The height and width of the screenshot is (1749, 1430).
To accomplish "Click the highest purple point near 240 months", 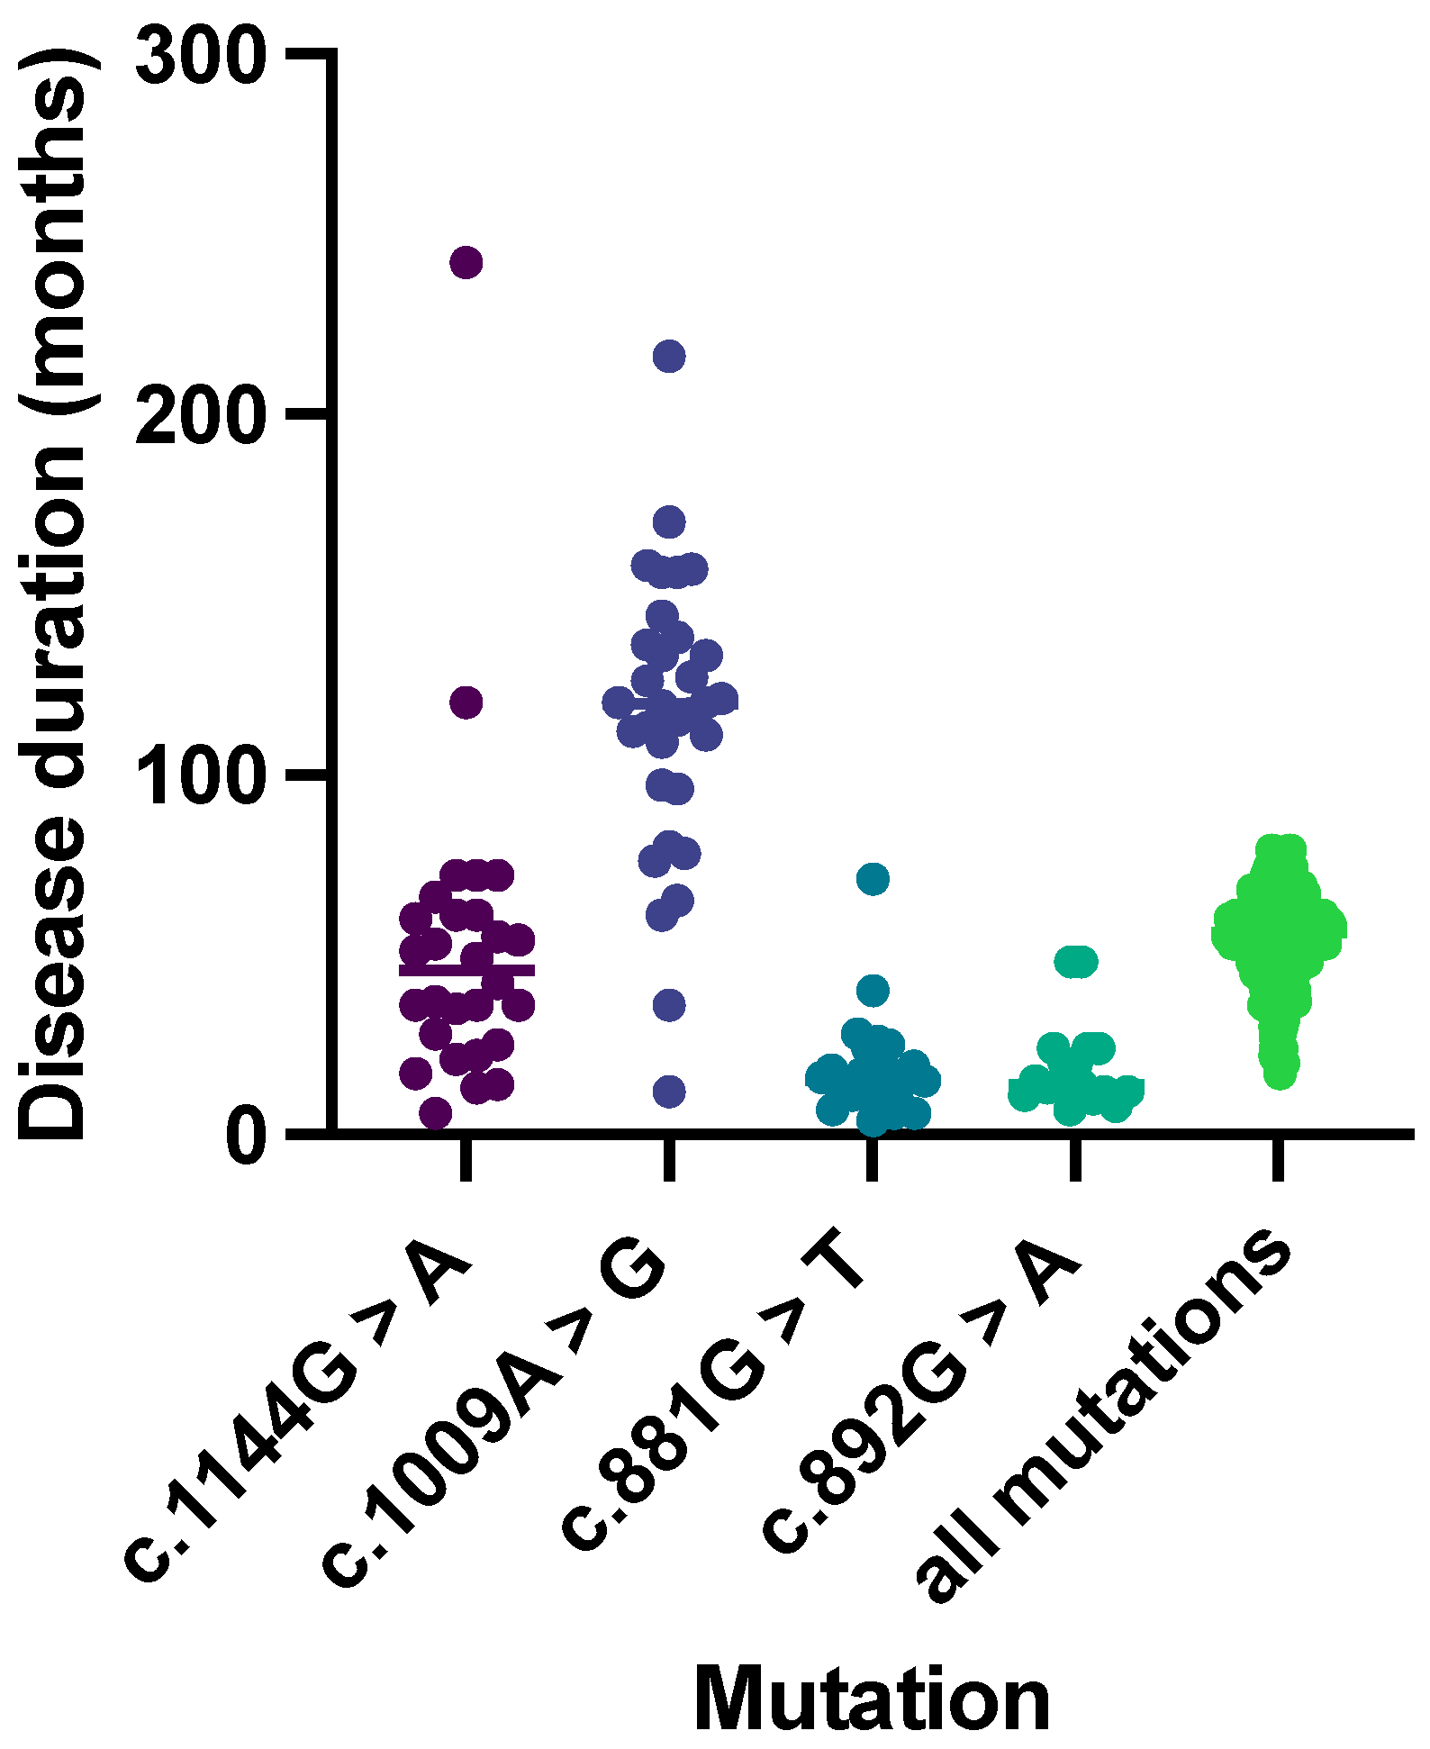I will pos(466,263).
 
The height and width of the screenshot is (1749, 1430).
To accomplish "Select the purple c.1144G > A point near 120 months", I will pos(466,702).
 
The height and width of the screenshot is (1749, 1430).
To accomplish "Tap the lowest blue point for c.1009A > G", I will pos(669,1092).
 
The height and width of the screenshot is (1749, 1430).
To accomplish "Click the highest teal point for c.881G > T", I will pos(873,878).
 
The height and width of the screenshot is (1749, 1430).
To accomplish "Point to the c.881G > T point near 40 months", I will pos(873,992).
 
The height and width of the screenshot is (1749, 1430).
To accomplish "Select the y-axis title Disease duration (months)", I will pos(54,594).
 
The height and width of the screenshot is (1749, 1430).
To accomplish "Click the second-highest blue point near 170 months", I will pos(669,521).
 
